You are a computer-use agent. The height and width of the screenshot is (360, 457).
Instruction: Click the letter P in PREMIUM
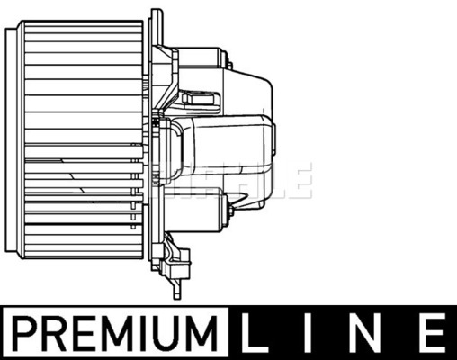(24, 333)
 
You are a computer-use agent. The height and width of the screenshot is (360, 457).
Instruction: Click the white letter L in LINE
(254, 333)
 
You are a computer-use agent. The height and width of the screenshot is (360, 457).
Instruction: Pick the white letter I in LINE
(309, 333)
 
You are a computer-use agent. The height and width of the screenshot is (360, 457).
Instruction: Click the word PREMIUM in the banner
(115, 333)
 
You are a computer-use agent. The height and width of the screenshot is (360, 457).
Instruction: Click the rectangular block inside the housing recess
(201, 99)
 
